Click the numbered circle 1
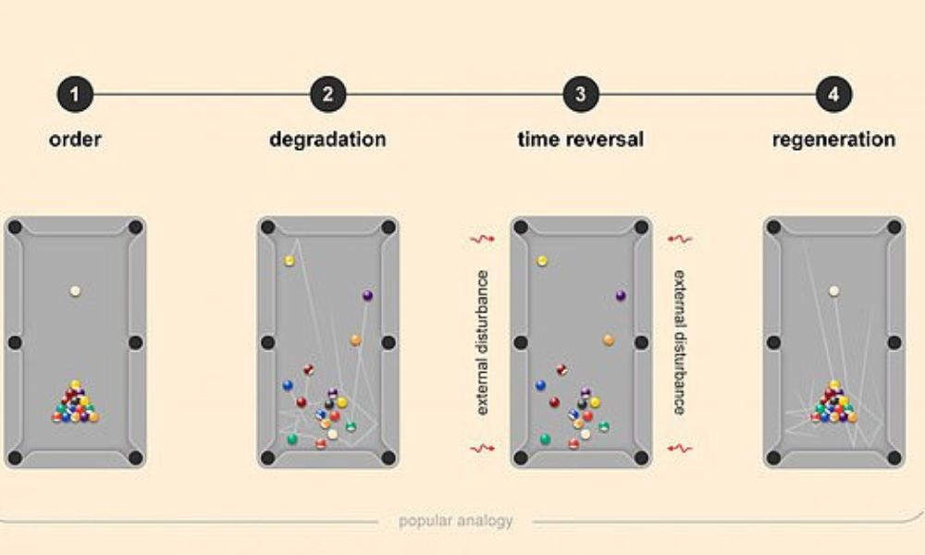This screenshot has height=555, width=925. pos(75,94)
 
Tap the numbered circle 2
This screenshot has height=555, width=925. pos(328,94)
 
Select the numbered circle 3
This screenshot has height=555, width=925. pos(581,94)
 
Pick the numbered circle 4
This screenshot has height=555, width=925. pos(833,94)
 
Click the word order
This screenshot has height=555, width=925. pos(75,140)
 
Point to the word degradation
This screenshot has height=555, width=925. pos(328,140)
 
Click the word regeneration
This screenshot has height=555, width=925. pos(833,140)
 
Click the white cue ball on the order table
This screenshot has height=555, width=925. pos(75,290)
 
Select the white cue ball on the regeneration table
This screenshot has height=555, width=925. pos(834,290)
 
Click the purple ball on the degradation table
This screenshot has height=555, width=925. pos(367,295)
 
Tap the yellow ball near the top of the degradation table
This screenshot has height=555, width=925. pos(289,261)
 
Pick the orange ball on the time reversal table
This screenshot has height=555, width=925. pos(609,340)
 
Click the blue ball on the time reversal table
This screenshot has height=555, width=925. pos(540,386)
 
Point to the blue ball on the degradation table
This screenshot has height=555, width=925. pos(288,386)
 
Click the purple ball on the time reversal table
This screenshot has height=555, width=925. pos(621,295)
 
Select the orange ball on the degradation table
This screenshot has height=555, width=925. pos(355,340)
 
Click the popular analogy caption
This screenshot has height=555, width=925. pos(456,521)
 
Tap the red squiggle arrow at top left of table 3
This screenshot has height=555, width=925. pos(482,239)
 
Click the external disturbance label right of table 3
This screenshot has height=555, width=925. pos(680,342)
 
